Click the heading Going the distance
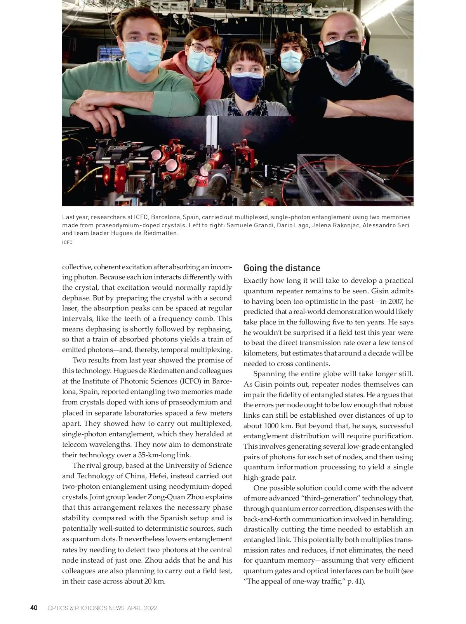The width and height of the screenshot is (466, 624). coord(282,268)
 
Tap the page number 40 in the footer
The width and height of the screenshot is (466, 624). coord(34,608)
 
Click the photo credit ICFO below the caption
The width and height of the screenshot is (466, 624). coord(67,242)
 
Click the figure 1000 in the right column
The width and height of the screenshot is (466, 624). coord(271,425)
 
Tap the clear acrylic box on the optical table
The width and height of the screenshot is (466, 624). coord(349,179)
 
